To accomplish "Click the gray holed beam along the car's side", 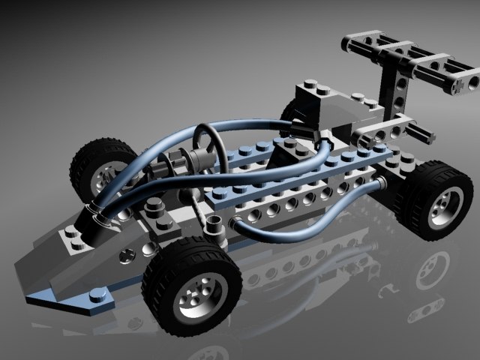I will tap(300, 197).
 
